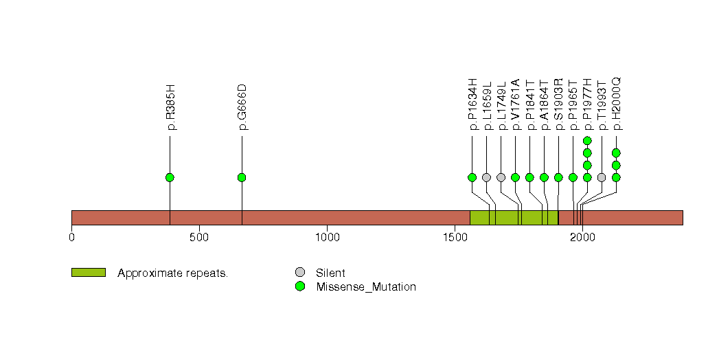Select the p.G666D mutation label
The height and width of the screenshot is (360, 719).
coord(242,107)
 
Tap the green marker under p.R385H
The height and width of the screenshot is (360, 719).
coord(170,177)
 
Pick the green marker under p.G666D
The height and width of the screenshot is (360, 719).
coord(242,177)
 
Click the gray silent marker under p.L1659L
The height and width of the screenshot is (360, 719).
coord(486,177)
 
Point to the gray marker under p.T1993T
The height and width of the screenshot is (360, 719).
coord(602,177)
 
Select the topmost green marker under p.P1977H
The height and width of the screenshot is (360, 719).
coord(587,141)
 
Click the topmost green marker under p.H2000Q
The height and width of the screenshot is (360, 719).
coord(616,153)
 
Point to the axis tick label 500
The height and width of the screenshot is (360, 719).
coord(199,238)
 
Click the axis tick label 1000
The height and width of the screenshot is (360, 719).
coord(327,238)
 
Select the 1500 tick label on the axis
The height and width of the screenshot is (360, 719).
coord(455,238)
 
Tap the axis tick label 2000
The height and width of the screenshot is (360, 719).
coord(582,238)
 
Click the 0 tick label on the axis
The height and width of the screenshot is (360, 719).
coord(71,238)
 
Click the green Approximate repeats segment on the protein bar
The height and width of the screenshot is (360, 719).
coord(514,218)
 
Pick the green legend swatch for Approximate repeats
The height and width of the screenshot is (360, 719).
coord(89,273)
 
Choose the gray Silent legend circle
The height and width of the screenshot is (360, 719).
coord(300,273)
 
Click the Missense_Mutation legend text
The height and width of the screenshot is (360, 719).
coord(366,287)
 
